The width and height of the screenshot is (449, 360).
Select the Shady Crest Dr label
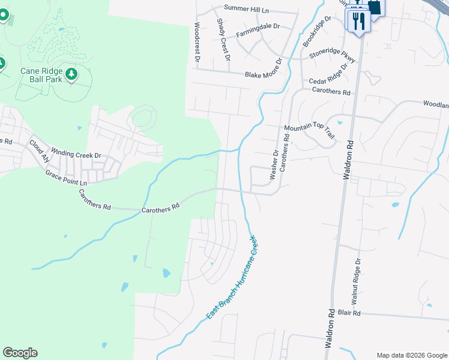click(223, 40)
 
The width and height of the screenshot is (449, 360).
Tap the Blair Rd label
click(348, 313)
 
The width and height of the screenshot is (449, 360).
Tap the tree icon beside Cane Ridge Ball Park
click(72, 74)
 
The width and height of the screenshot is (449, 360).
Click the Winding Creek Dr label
click(76, 153)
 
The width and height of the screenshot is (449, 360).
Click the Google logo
click(20, 353)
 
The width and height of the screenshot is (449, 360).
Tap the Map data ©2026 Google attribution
click(411, 355)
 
